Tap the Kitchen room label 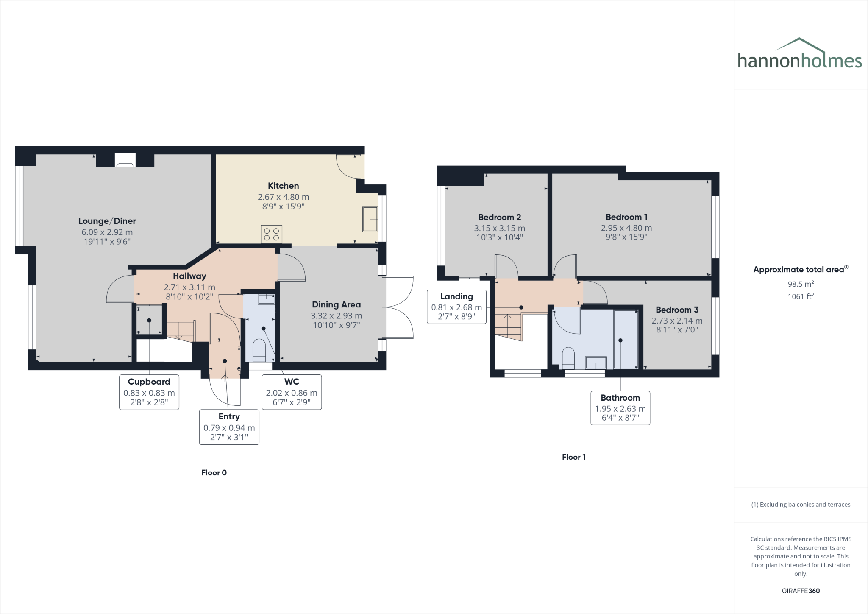(x=283, y=186)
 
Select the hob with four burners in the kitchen (x=271, y=234)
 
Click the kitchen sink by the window (x=370, y=219)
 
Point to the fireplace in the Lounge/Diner (x=125, y=160)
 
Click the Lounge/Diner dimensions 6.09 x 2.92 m (x=107, y=232)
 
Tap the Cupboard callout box (x=149, y=392)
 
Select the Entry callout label (x=229, y=417)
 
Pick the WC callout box (x=292, y=392)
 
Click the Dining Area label (x=336, y=304)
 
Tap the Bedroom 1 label (x=626, y=217)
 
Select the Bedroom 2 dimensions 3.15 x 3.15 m (x=499, y=228)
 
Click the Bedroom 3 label (x=677, y=310)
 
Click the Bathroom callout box (x=620, y=408)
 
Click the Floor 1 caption (x=573, y=457)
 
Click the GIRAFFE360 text (x=800, y=591)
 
